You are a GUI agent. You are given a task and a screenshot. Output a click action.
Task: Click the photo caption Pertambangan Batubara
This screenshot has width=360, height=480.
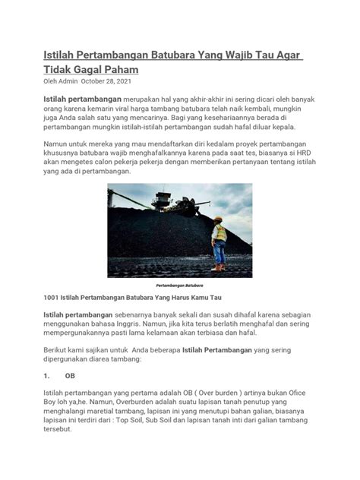point(180,286)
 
